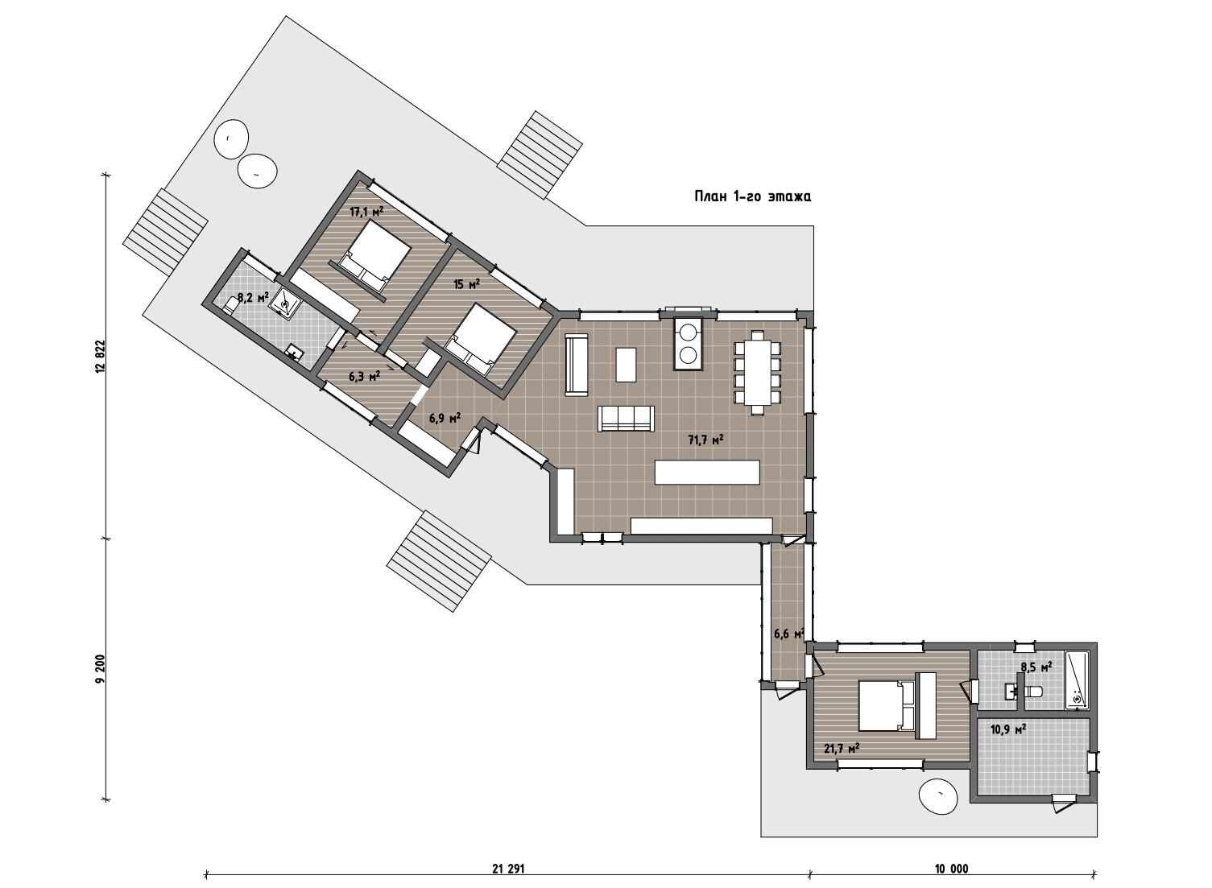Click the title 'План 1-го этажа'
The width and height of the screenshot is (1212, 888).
[x=752, y=196]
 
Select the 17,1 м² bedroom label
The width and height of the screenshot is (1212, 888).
[x=366, y=212]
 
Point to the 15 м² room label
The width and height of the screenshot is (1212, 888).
[x=467, y=283]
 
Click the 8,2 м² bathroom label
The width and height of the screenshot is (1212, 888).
[x=253, y=297]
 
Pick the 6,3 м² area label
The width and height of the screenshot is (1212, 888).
[x=364, y=377]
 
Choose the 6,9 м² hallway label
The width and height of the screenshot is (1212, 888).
[x=445, y=418]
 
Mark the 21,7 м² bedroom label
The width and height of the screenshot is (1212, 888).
[x=842, y=749]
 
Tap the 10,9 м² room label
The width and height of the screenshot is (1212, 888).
[x=1008, y=729]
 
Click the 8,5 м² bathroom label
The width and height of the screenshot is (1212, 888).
[x=1036, y=667]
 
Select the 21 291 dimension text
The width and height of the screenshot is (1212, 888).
[x=509, y=869]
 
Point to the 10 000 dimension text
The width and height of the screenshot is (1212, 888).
[x=951, y=869]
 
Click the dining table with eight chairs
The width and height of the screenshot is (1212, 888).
[x=757, y=373]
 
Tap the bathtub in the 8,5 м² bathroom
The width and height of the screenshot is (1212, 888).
[x=1077, y=680]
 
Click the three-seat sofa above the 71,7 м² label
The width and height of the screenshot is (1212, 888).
[x=626, y=419]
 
